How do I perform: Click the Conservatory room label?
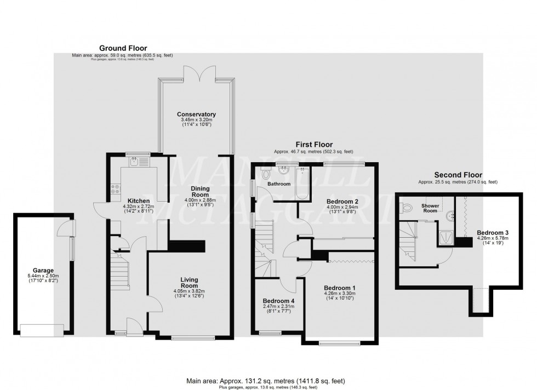point(196,114)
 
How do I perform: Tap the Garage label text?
point(43,270)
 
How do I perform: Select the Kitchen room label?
point(135,200)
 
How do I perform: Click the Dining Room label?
point(200,191)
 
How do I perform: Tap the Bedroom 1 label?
point(339,288)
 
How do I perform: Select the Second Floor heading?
point(458,175)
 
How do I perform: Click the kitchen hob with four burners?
point(116,189)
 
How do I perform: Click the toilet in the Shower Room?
point(405,208)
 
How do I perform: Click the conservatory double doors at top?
point(196,71)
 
